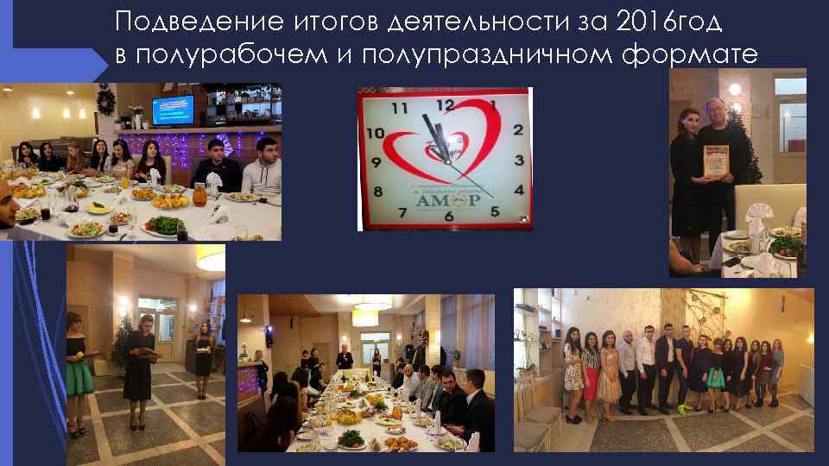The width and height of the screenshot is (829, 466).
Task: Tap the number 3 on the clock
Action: pyautogui.click(x=518, y=161)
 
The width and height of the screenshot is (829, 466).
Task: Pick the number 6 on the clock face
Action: pyautogui.click(x=448, y=216)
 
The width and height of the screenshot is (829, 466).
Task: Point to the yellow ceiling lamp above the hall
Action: pyautogui.click(x=210, y=257)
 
